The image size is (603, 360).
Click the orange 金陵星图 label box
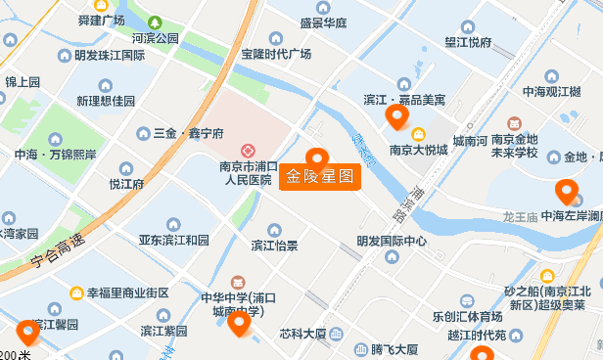tap(320, 178)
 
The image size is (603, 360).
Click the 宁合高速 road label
tap(58, 250)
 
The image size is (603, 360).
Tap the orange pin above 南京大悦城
tap(396, 117)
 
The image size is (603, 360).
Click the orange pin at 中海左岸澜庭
tap(565, 192)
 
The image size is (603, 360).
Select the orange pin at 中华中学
tap(239, 323)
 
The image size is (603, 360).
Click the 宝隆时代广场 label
tap(275, 54)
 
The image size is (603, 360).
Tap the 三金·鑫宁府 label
tap(189, 132)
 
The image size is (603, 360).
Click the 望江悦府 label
tap(468, 42)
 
